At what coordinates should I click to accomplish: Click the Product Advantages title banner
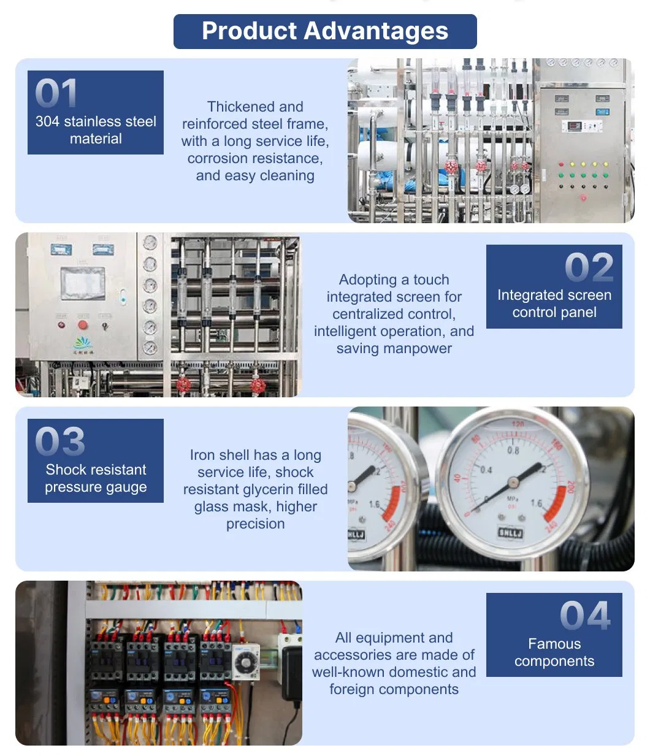click(x=325, y=31)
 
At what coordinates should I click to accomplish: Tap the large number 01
click(x=56, y=93)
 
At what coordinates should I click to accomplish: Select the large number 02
click(x=589, y=267)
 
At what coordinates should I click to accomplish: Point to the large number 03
click(x=59, y=441)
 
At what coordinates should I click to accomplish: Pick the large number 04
click(x=585, y=616)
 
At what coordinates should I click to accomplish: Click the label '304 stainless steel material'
click(x=96, y=130)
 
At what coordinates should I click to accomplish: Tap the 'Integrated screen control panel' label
click(x=554, y=304)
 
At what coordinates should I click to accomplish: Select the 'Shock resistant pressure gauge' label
click(x=96, y=478)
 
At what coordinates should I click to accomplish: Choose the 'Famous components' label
click(x=554, y=652)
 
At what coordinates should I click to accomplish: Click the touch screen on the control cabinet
click(x=82, y=283)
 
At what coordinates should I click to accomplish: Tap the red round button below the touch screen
click(x=83, y=324)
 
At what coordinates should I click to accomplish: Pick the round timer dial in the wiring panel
click(x=245, y=663)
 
